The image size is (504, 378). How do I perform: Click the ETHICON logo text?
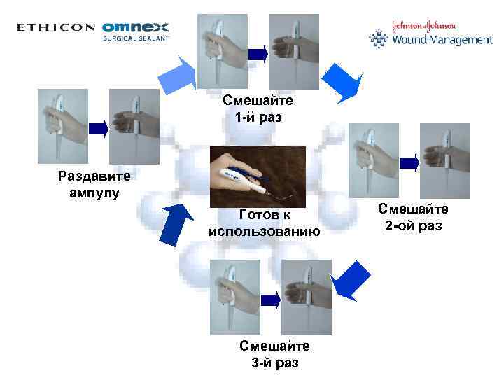pos(56,28)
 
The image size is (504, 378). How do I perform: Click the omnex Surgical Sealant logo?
pos(136,31)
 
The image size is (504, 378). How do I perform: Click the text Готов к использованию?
pos(264,223)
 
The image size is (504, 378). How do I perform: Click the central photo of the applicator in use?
pos(258,176)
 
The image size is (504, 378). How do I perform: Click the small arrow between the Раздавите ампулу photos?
pos(100,127)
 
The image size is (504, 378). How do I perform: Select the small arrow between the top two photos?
pos(258,52)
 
